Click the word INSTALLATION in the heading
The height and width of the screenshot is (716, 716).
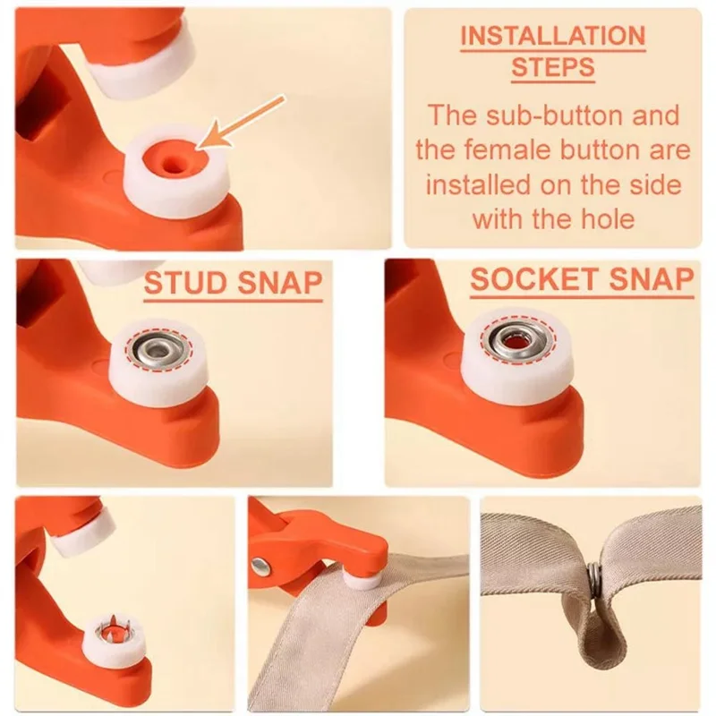click(x=552, y=36)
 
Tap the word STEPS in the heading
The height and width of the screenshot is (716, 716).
click(x=552, y=66)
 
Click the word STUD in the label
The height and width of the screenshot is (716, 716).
click(x=184, y=283)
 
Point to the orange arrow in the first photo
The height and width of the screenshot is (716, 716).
click(x=242, y=121)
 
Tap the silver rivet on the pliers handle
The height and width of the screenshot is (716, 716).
click(x=261, y=565)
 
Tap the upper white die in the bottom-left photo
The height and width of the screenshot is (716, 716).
click(x=85, y=530)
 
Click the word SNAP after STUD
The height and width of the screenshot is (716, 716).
click(x=277, y=283)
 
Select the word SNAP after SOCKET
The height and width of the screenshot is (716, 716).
click(x=650, y=280)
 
